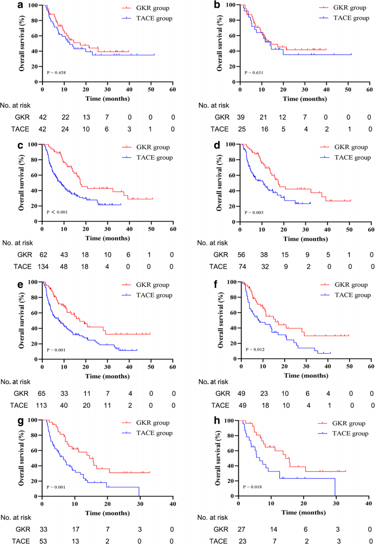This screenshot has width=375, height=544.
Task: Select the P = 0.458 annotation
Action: point(56,72)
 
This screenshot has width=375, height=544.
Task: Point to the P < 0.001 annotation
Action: point(57,212)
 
